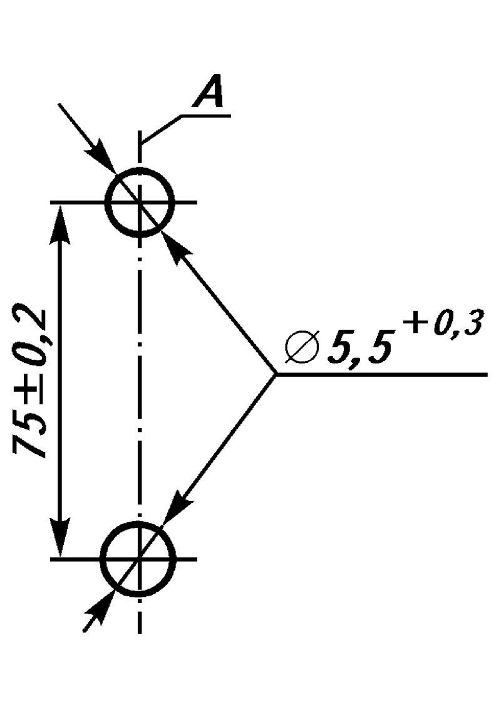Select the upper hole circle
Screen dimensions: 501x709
[140, 168]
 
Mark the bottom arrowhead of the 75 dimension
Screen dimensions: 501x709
[60, 537]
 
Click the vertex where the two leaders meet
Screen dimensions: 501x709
[275, 375]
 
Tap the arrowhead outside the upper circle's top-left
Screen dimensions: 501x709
[102, 157]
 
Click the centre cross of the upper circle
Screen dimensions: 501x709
[140, 202]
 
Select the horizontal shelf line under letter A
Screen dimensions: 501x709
[206, 116]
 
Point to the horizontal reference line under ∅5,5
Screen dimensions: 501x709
[381, 375]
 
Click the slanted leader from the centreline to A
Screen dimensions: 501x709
[161, 130]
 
